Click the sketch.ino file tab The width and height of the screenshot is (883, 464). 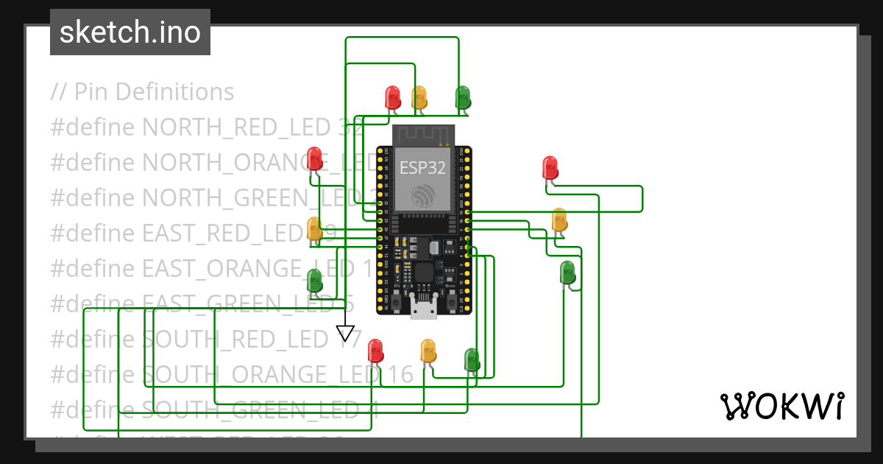130,32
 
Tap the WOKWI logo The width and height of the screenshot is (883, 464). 781,406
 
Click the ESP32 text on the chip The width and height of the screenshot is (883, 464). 422,167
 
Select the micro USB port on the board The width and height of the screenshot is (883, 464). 423,308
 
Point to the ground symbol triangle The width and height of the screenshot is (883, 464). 345,333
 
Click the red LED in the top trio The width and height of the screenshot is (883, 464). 393,97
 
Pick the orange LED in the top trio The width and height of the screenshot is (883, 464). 419,97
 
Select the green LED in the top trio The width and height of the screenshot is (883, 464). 463,97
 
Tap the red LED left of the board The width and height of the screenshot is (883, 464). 315,158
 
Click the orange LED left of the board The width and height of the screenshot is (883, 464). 314,228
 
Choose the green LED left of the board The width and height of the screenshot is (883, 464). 314,281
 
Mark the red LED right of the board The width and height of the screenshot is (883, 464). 550,167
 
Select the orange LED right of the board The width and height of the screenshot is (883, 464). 559,219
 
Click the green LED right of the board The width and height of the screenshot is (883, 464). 567,273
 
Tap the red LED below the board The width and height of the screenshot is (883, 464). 375,351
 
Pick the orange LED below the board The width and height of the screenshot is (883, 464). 428,351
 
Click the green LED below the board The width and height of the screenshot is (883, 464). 472,359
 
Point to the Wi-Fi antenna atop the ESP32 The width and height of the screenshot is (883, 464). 423,135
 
